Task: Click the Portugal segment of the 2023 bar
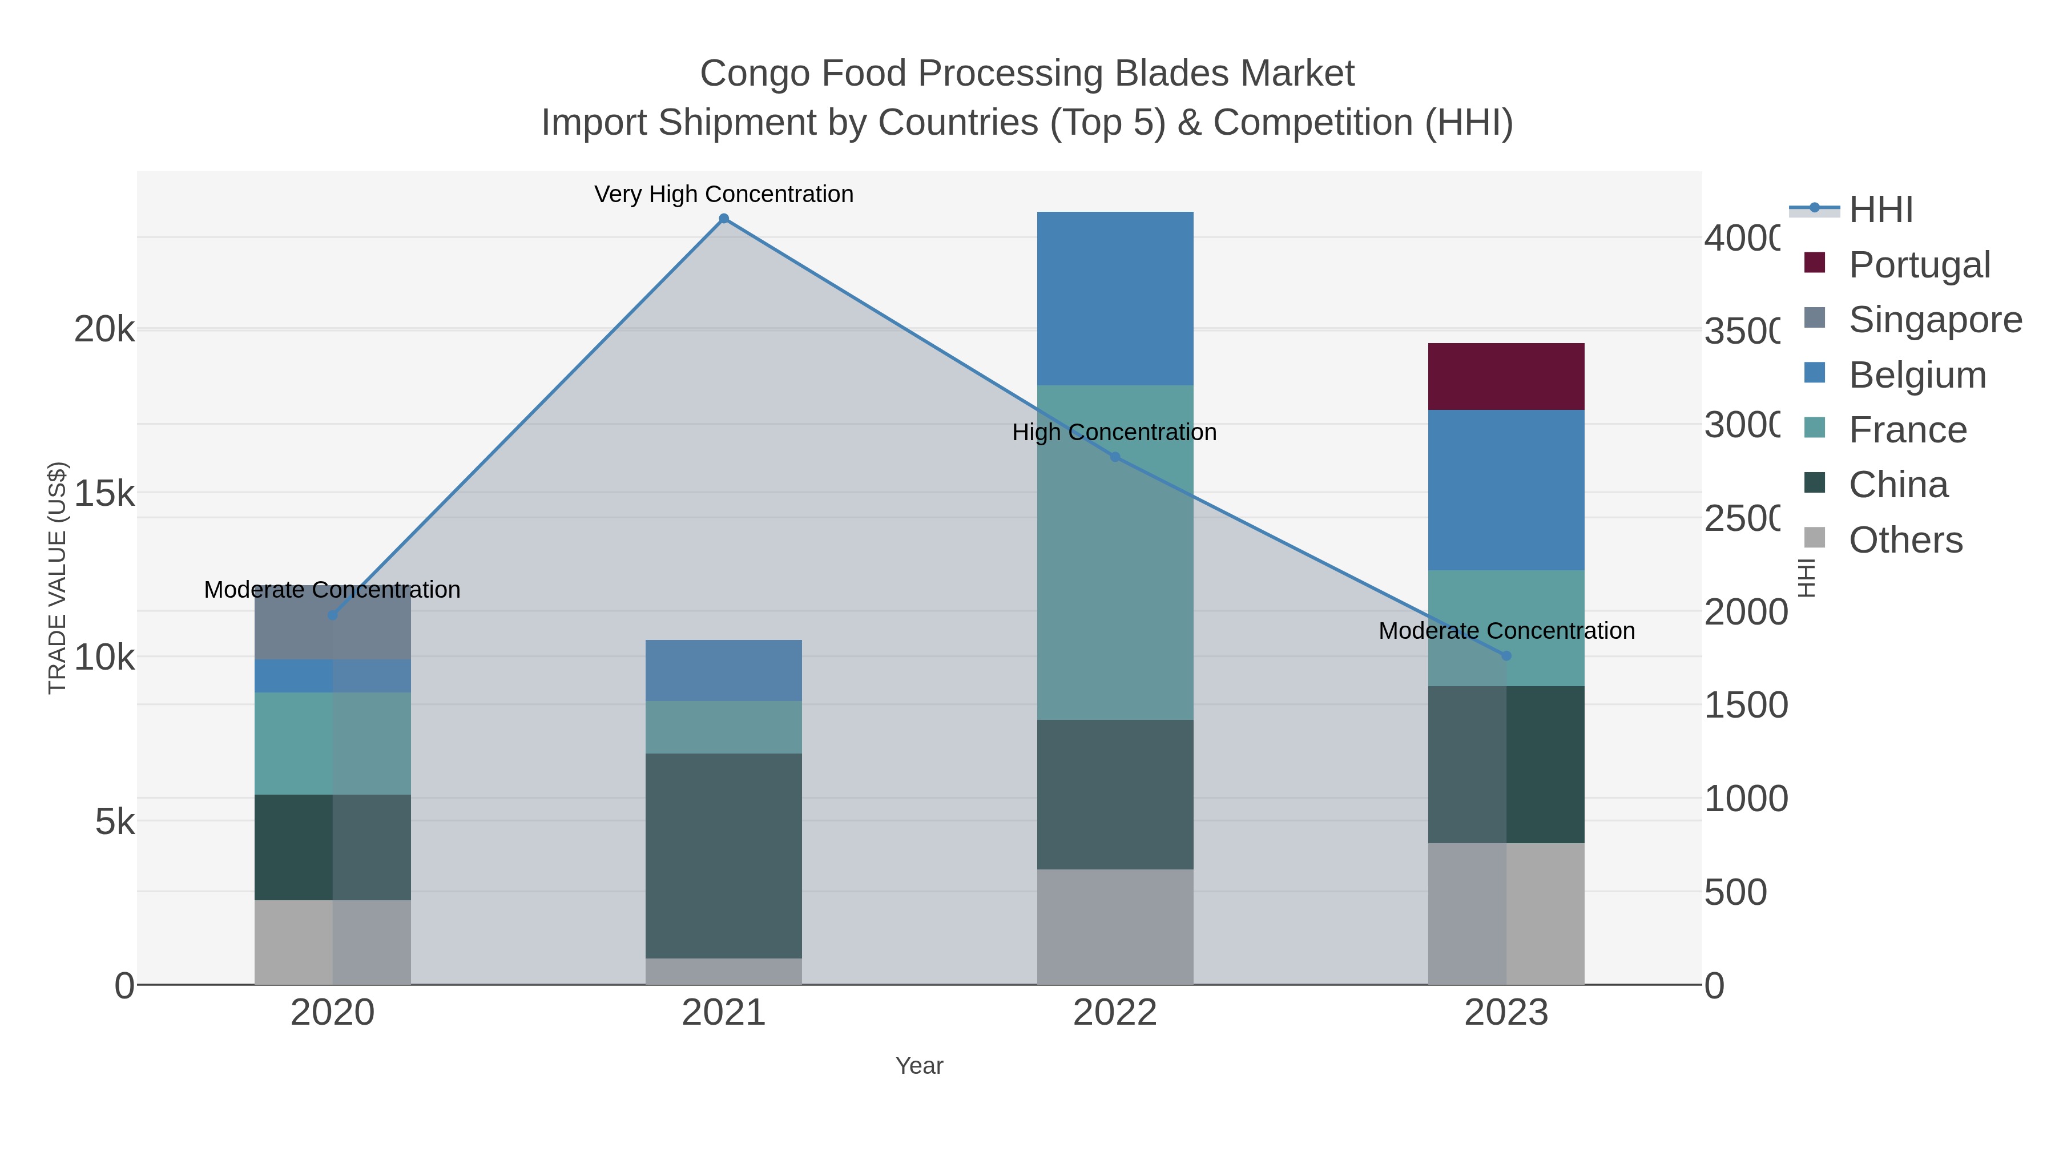click(x=1505, y=377)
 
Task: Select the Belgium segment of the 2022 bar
click(x=1114, y=299)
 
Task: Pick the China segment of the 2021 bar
click(x=723, y=855)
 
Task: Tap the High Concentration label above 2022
click(x=1114, y=432)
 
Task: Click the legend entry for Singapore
click(x=1935, y=320)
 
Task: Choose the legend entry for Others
click(x=1905, y=540)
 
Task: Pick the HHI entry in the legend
click(x=1880, y=210)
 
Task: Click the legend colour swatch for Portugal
click(x=1815, y=263)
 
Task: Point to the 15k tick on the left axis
click(x=104, y=494)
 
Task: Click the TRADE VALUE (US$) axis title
click(x=58, y=578)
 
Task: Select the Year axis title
click(x=919, y=1066)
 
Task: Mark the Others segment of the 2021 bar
click(x=723, y=971)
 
